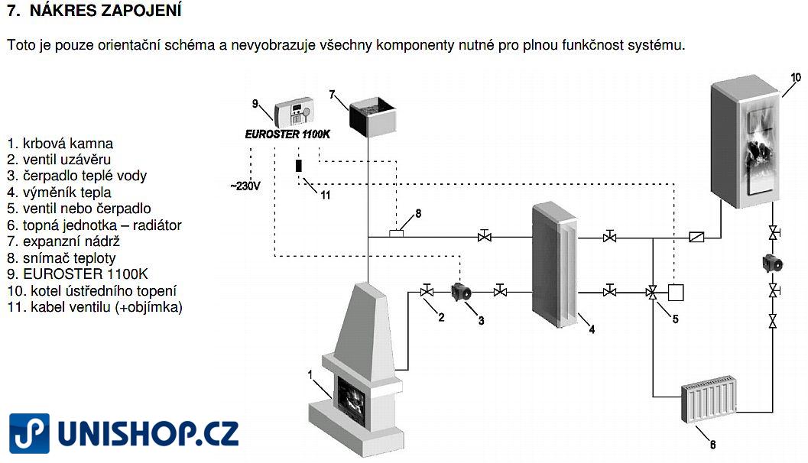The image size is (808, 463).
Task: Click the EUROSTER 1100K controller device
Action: coord(294,112)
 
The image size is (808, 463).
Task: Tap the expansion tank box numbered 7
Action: coord(372,117)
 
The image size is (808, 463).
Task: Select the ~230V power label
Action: coord(245,186)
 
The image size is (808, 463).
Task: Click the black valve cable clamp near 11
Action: coord(298,165)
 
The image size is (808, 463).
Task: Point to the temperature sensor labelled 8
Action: coord(396,233)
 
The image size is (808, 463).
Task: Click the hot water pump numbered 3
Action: coord(461,292)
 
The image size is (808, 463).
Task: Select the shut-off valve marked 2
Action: coord(427,291)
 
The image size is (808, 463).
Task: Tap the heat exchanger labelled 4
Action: coord(554,264)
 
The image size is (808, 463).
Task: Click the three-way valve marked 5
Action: coord(652,293)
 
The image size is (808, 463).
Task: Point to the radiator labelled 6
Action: coord(709,399)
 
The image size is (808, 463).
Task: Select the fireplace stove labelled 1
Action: coord(355,370)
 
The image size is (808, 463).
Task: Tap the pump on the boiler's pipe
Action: coord(773,263)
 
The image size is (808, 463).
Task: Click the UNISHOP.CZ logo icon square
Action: coord(29,433)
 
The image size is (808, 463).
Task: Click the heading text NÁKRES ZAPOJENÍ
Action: coord(105,10)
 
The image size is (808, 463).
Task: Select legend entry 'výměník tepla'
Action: coord(67,192)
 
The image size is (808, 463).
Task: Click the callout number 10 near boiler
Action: coord(796,78)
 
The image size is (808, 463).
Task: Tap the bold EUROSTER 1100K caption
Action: coord(287,134)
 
